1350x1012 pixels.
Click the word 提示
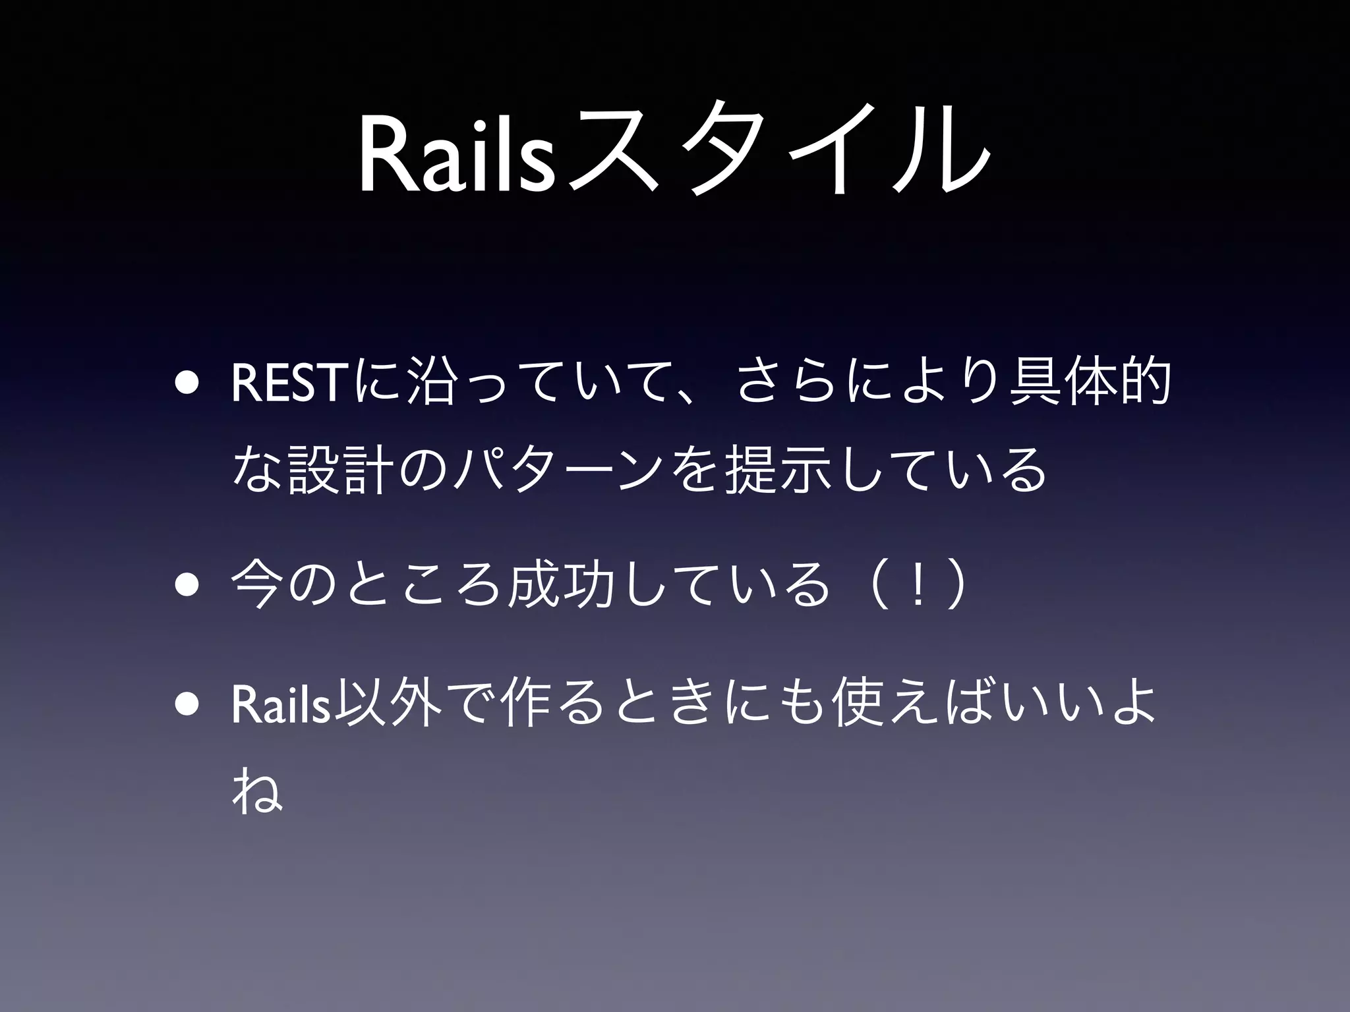776,469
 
